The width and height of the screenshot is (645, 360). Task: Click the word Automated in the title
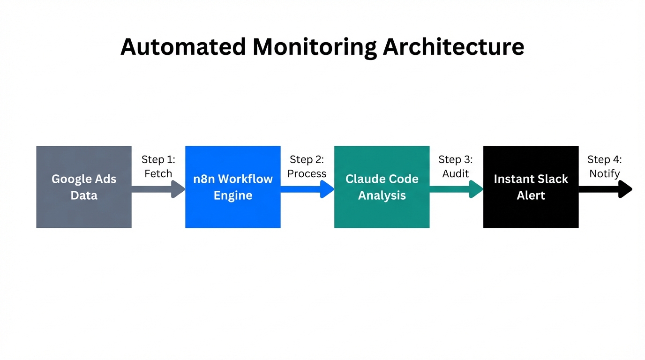(183, 47)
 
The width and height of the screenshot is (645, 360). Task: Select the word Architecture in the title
(454, 47)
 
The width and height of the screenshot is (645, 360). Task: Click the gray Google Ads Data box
(84, 187)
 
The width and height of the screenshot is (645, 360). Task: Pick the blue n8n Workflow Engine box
(233, 187)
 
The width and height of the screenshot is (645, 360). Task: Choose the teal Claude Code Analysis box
(382, 187)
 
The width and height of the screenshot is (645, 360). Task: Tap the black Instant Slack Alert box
(531, 187)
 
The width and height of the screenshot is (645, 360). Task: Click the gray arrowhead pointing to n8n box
(178, 189)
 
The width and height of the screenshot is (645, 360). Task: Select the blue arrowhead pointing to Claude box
(327, 189)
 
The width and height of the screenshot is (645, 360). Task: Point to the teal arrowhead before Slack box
(476, 189)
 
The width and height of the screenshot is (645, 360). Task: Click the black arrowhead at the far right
(625, 189)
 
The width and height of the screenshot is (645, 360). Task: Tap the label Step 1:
(158, 159)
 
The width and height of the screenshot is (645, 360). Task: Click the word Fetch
(158, 173)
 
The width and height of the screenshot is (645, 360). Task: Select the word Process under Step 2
(307, 173)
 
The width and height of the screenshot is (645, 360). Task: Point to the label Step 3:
(456, 159)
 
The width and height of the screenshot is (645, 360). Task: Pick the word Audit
(456, 173)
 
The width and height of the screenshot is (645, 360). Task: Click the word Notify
(605, 173)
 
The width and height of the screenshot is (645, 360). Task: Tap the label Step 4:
(605, 159)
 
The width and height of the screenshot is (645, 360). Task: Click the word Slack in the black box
(555, 179)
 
